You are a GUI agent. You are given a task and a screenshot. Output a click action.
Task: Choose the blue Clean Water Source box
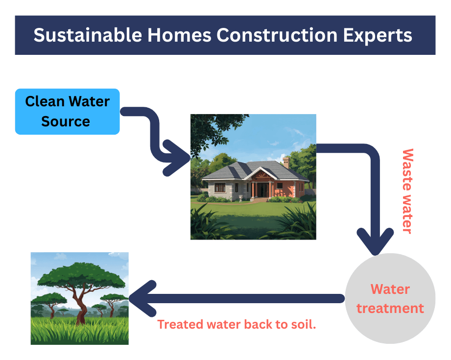[67, 112]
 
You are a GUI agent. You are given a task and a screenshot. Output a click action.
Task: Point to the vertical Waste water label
[407, 191]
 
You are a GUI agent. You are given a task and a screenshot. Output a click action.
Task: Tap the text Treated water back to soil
[237, 325]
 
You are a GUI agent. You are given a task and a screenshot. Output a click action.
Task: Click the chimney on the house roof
[286, 163]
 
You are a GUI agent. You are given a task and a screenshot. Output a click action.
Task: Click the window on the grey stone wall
[219, 188]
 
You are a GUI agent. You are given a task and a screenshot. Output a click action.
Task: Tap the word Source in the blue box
[66, 121]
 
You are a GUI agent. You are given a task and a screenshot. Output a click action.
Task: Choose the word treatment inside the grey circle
[390, 308]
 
